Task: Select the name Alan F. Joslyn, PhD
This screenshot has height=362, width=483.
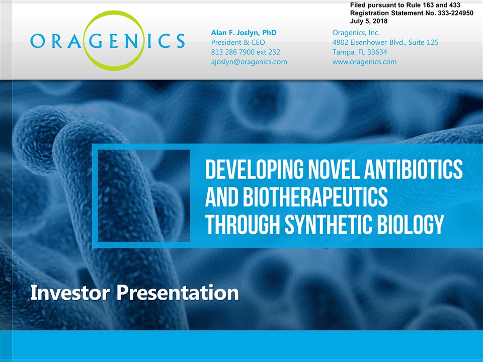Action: point(244,33)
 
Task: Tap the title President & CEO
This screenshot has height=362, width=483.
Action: point(238,42)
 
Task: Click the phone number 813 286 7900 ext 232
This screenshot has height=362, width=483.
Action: point(246,52)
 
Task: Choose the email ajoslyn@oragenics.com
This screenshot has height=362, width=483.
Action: point(249,62)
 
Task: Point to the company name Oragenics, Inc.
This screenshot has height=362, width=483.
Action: point(356,33)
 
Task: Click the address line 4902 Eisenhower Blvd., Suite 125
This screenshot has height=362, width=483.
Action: point(385,42)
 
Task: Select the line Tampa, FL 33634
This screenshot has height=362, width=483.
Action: point(359,52)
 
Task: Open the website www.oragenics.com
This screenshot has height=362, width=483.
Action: point(364,62)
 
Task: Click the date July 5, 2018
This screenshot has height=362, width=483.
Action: point(369,21)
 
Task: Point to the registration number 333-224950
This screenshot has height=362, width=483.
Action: point(455,13)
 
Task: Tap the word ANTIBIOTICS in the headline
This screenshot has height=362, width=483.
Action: point(414,169)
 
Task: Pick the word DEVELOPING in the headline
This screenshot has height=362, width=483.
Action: point(254,169)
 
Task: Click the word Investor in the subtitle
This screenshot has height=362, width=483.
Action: point(70,293)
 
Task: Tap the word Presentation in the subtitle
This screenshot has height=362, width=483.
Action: point(178,293)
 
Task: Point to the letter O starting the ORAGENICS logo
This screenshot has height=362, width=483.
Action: point(38,41)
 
